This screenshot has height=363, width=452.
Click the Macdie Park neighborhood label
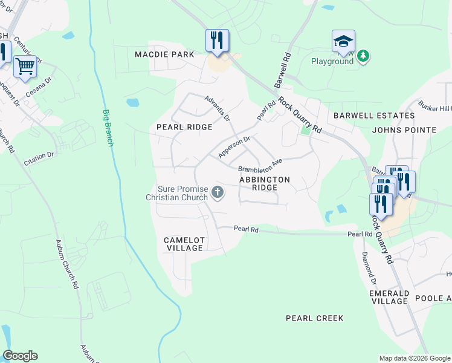click(164, 54)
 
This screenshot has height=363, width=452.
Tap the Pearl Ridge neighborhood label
click(184, 127)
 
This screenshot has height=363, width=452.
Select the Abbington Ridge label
click(265, 183)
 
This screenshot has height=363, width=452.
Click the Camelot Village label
click(184, 244)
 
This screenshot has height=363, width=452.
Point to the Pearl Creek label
click(314, 318)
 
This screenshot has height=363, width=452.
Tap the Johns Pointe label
click(404, 130)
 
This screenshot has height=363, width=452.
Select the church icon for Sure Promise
click(217, 193)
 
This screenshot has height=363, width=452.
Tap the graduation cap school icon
click(343, 41)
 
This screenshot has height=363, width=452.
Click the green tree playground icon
click(363, 56)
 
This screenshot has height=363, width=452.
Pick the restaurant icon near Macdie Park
click(217, 40)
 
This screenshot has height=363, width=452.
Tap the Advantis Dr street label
click(217, 108)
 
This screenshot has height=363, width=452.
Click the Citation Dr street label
click(39, 159)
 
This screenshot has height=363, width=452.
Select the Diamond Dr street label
click(369, 269)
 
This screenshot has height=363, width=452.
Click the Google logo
click(20, 356)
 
